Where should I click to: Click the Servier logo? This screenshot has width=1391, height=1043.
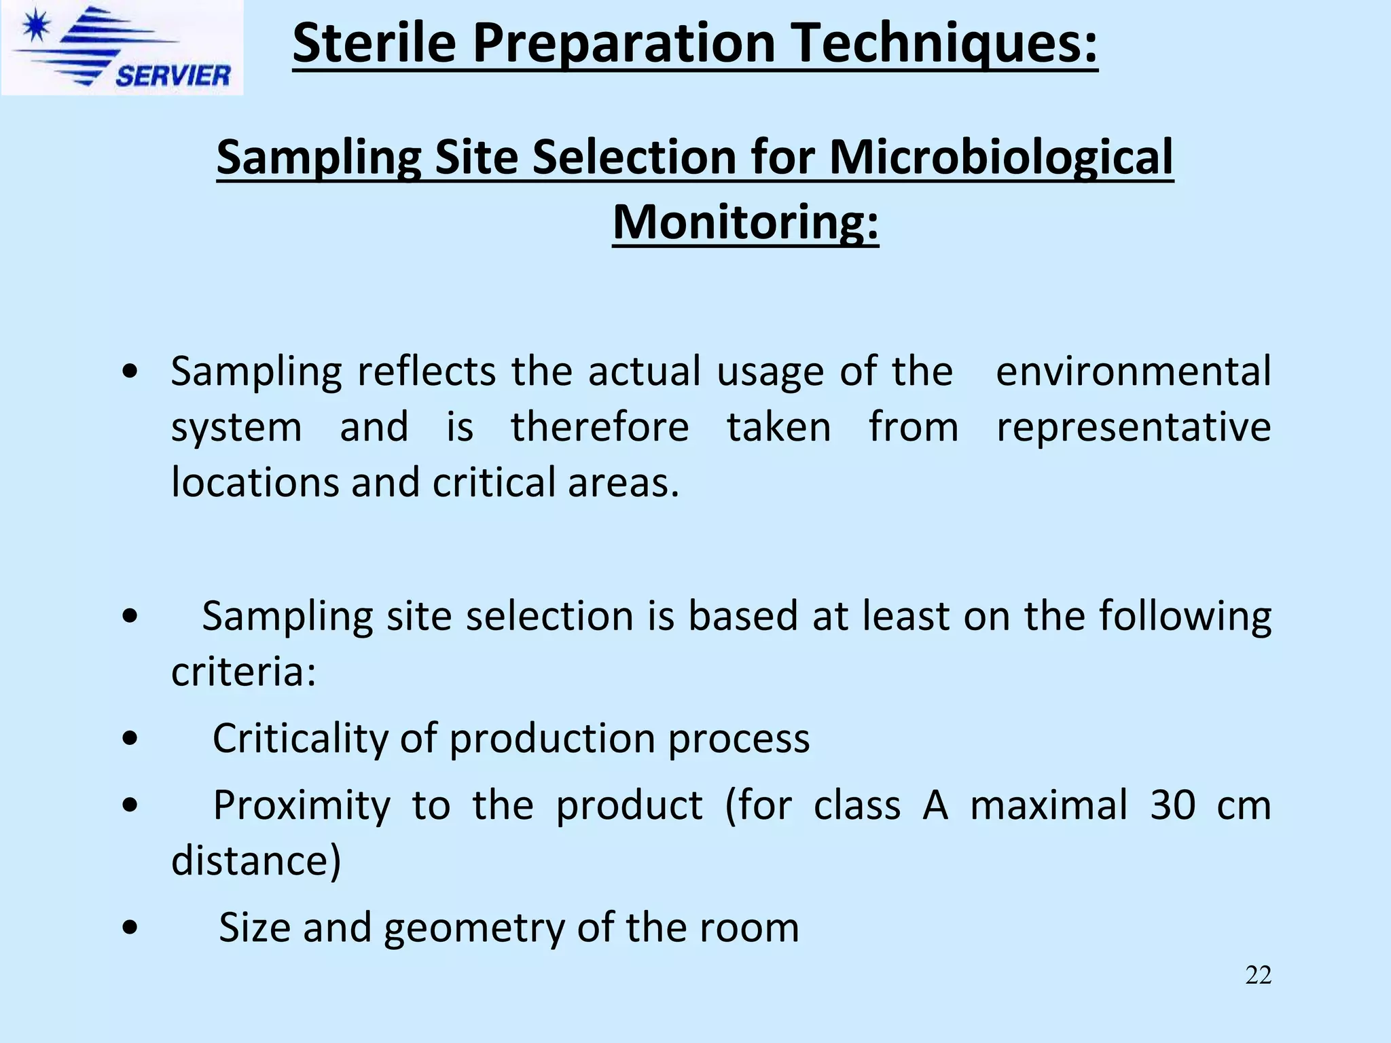pyautogui.click(x=122, y=48)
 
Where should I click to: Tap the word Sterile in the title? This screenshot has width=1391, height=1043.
pyautogui.click(x=374, y=43)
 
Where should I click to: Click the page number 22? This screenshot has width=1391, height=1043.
pyautogui.click(x=1258, y=975)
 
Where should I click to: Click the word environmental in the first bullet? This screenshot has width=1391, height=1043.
pyautogui.click(x=1133, y=371)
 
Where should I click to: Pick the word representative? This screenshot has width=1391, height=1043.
pyautogui.click(x=1133, y=427)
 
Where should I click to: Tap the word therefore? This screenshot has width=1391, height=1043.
pyautogui.click(x=600, y=427)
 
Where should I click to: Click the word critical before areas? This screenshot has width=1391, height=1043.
pyautogui.click(x=494, y=483)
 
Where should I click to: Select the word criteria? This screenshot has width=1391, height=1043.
pyautogui.click(x=243, y=672)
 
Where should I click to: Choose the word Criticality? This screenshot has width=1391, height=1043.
pyautogui.click(x=299, y=738)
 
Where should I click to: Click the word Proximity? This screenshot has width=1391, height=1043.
pyautogui.click(x=302, y=805)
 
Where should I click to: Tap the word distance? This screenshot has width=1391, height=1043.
pyautogui.click(x=255, y=861)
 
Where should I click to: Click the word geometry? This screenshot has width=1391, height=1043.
pyautogui.click(x=473, y=928)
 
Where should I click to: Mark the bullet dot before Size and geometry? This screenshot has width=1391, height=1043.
pyautogui.click(x=130, y=928)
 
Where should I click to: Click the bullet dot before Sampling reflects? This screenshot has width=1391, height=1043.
pyautogui.click(x=130, y=371)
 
